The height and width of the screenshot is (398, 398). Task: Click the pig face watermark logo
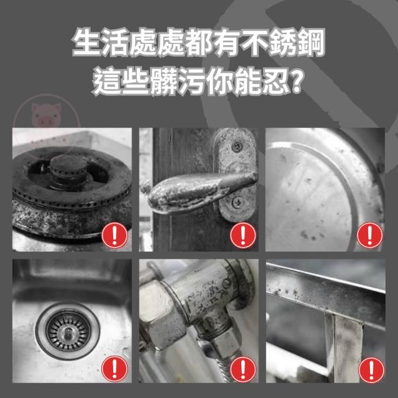[x=46, y=114]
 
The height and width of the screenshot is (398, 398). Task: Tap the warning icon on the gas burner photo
[x=114, y=235]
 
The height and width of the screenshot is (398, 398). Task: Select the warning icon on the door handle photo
[x=243, y=235]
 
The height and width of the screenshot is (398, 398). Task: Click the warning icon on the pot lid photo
[x=369, y=235]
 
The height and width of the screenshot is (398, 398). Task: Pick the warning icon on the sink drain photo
[x=114, y=369]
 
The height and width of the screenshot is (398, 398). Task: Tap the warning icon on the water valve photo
[x=243, y=369]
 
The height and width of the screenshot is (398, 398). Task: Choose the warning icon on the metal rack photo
[x=371, y=370]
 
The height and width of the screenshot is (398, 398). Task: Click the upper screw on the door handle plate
[x=237, y=146]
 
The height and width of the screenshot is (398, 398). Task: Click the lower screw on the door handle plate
[x=237, y=202]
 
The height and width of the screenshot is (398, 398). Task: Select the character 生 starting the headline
[x=86, y=42]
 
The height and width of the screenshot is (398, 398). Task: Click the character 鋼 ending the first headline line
[x=311, y=42]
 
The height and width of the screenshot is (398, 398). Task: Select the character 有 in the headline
[x=227, y=42]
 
